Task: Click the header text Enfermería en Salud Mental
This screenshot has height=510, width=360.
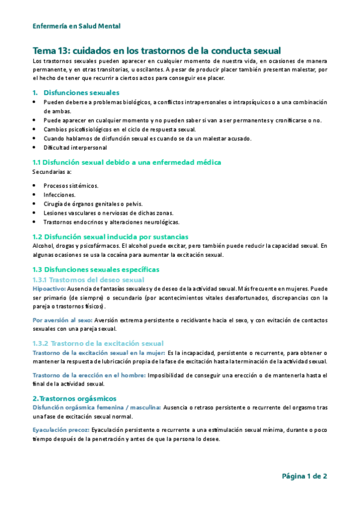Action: click(76, 26)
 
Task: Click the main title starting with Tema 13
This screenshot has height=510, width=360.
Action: click(156, 51)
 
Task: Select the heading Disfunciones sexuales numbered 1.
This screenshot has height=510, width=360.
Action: click(81, 93)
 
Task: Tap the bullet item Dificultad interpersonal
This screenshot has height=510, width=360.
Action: click(75, 147)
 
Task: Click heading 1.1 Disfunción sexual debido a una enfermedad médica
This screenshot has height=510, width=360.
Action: click(127, 162)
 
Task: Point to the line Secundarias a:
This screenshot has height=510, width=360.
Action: click(52, 172)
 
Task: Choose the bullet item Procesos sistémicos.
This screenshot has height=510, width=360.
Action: click(71, 186)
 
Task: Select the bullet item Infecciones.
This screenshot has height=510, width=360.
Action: click(59, 195)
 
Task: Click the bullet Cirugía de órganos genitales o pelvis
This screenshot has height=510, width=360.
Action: click(92, 204)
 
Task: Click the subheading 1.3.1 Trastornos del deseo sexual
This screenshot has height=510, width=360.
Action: click(88, 280)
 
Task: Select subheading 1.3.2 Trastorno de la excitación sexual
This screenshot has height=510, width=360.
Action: click(98, 343)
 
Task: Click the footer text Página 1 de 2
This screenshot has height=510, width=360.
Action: click(304, 476)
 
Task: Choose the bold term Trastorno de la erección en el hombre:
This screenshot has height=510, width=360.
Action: click(89, 375)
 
